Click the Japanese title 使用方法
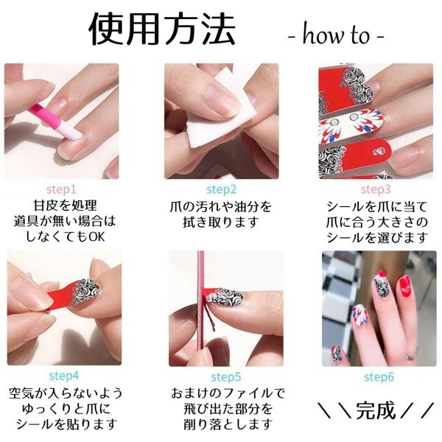[162, 29]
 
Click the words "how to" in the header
[336, 35]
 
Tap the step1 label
[61, 189]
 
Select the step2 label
[221, 189]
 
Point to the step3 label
[376, 189]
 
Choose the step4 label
[64, 376]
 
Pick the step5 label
[226, 377]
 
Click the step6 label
[379, 377]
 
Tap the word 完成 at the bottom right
[376, 410]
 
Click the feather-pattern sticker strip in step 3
[351, 123]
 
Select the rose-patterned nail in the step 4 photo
[86, 292]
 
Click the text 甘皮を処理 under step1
[65, 206]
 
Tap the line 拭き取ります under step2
[221, 222]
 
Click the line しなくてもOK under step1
[65, 236]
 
